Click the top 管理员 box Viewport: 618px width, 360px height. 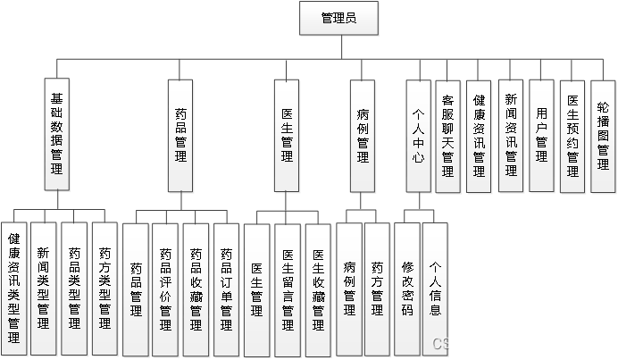(339, 19)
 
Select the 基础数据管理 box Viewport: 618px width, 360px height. (57, 135)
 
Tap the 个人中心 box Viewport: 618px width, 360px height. (418, 135)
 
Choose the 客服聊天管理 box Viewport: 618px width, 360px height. (448, 135)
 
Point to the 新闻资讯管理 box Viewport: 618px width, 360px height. (510, 135)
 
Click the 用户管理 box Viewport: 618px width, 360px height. (541, 135)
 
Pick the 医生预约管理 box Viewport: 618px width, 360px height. (572, 135)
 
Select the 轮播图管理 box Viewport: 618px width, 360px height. (604, 135)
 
